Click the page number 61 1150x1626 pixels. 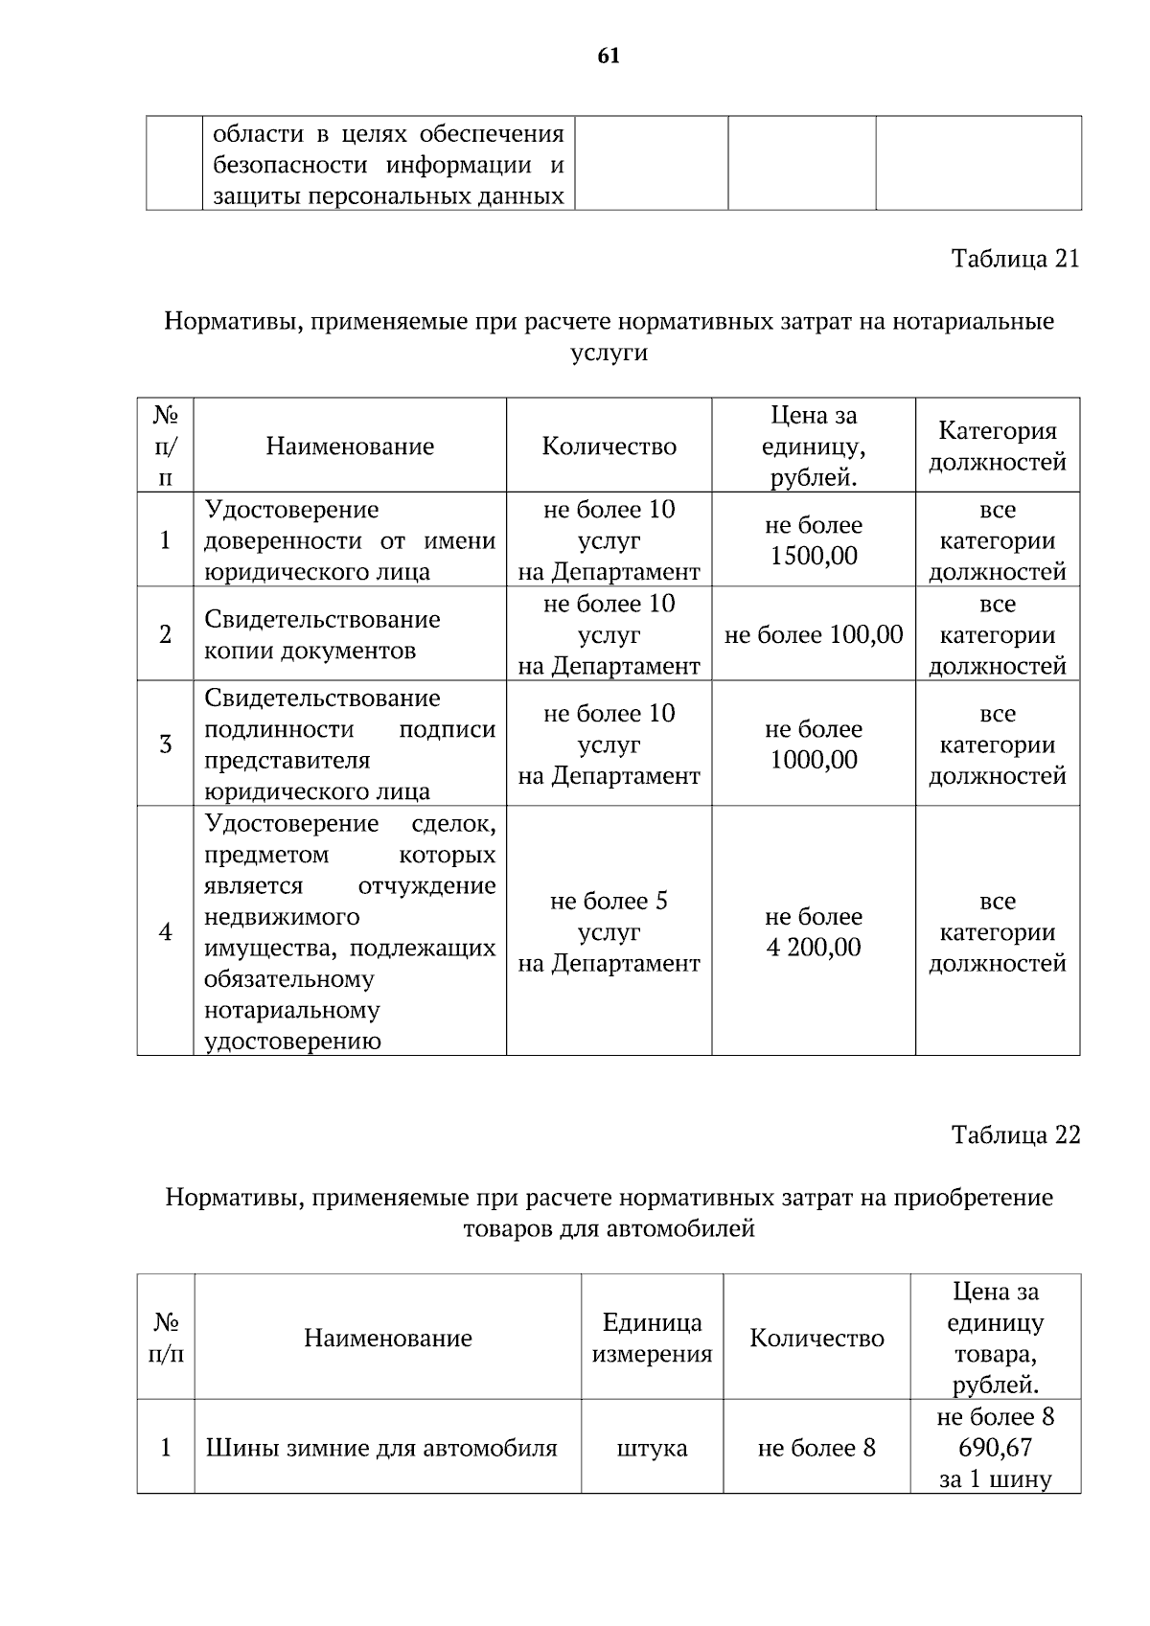[609, 57]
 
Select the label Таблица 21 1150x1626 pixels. [1015, 259]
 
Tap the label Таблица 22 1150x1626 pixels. [1015, 1134]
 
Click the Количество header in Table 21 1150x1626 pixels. [609, 447]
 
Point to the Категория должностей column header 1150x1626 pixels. [997, 447]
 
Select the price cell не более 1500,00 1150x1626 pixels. [813, 540]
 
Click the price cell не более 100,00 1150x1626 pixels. [813, 634]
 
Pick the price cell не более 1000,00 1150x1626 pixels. [813, 744]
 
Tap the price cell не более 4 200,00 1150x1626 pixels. [813, 932]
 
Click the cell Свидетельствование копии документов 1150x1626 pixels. [322, 634]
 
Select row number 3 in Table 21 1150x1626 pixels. [165, 744]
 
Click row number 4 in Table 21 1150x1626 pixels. [165, 932]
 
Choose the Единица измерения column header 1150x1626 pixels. [652, 1338]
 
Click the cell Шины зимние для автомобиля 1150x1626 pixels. [381, 1448]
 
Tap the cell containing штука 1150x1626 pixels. [652, 1448]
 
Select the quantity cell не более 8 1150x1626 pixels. [816, 1448]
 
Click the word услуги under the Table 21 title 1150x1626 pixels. [609, 353]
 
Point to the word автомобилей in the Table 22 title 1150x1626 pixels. [680, 1228]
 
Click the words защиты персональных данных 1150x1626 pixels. [387, 196]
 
